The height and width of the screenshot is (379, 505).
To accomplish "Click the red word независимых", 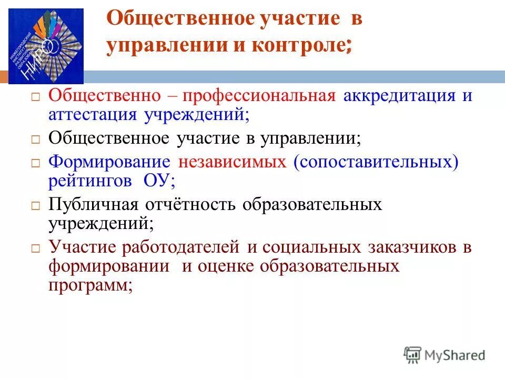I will (x=233, y=162).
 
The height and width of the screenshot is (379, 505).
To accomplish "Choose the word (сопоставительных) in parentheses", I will (x=376, y=162).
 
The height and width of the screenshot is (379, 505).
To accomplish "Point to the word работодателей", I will (x=178, y=247).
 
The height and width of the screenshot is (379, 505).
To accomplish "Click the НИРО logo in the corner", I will (x=45, y=46).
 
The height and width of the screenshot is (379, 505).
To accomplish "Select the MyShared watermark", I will (x=445, y=355).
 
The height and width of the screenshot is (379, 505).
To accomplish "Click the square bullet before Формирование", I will (x=35, y=163).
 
